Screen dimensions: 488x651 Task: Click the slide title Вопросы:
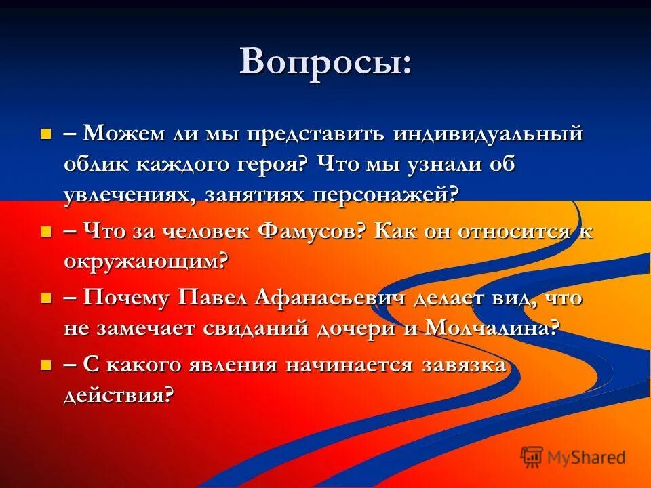pos(325,62)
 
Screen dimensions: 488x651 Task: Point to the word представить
pos(313,134)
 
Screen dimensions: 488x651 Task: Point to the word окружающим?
pos(146,262)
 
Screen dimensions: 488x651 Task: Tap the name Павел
pos(214,298)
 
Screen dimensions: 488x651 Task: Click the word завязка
pos(464,365)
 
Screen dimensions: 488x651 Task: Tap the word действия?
pos(119,395)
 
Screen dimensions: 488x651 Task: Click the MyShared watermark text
pos(586,457)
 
